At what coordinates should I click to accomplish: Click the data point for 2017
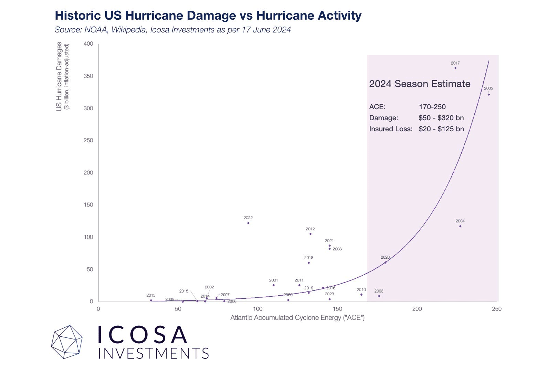tap(455, 68)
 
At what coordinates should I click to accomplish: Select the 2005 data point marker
tap(489, 95)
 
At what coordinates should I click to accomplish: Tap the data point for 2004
tap(460, 226)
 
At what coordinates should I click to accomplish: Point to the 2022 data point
tap(248, 223)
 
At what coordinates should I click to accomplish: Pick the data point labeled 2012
tap(310, 234)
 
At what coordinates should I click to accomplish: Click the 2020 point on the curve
tap(385, 262)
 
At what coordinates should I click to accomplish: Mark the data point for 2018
tap(309, 263)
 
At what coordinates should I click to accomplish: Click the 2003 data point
tap(379, 296)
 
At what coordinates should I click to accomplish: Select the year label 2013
tap(151, 295)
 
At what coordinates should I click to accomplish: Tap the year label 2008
tap(337, 249)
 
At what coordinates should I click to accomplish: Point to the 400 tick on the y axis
tap(88, 44)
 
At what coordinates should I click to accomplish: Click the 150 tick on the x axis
tap(337, 309)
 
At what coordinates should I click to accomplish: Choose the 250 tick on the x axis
tap(496, 309)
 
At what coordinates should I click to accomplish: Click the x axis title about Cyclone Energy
tap(297, 318)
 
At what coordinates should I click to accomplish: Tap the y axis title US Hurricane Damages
tap(59, 77)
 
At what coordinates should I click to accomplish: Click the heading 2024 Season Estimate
tap(420, 84)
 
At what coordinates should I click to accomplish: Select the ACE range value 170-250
tap(432, 107)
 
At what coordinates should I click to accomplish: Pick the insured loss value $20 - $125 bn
tap(441, 129)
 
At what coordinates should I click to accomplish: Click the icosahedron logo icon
tap(67, 342)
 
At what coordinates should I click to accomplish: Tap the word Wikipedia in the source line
tap(129, 30)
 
